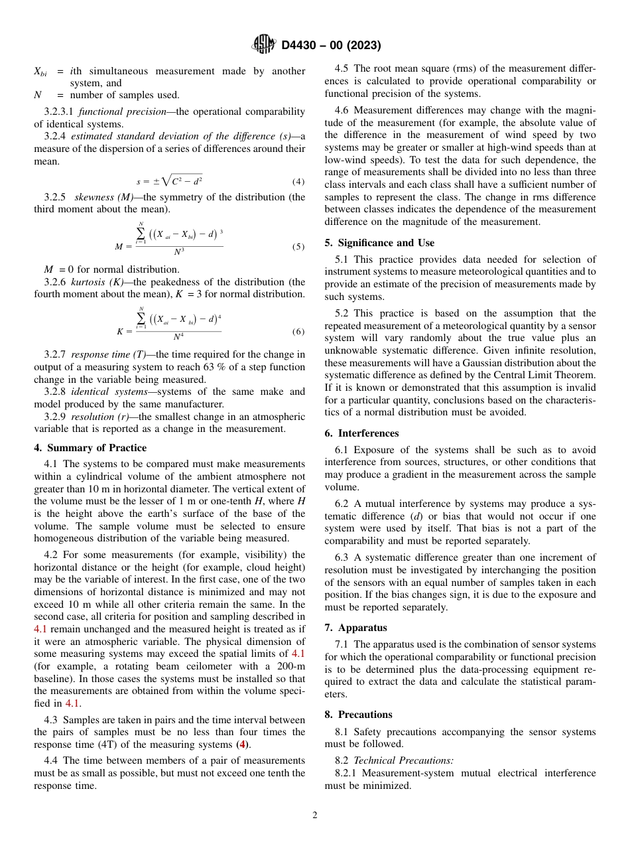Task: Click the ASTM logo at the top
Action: point(264,45)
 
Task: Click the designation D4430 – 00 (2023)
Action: point(331,46)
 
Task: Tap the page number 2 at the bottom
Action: point(315,815)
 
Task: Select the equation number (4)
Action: point(298,182)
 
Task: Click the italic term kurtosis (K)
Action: point(93,282)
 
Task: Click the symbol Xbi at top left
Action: point(40,72)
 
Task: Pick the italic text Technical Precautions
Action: point(403,760)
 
